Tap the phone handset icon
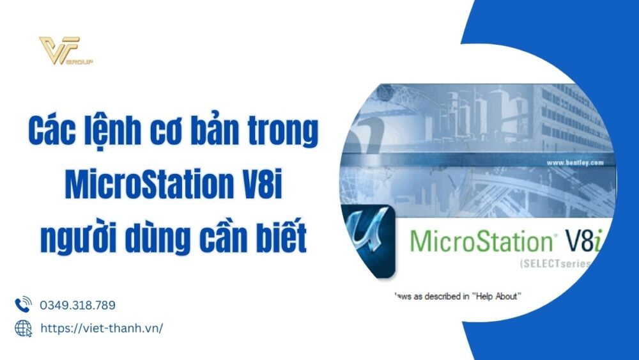point(23,305)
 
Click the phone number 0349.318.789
point(78,306)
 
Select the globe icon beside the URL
point(23,328)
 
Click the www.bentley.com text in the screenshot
point(575,163)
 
